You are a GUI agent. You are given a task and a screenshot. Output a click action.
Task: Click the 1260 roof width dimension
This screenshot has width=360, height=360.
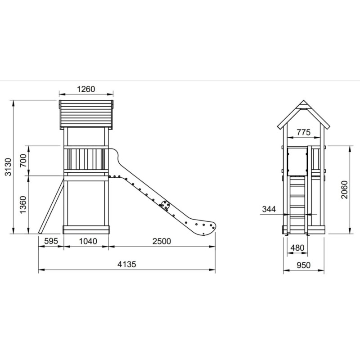click(86, 89)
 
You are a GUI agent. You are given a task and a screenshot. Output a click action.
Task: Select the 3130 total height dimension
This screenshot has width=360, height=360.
click(8, 166)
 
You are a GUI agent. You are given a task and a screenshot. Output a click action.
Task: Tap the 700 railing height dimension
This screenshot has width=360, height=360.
click(23, 161)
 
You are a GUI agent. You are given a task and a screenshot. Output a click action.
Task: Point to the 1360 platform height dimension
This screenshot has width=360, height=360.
click(23, 205)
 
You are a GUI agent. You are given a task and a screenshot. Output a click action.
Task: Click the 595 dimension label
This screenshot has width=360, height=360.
click(51, 241)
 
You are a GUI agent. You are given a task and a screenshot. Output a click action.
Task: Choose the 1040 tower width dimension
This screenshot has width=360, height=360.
click(88, 241)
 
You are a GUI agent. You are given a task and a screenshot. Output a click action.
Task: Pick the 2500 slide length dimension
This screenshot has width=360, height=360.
click(162, 241)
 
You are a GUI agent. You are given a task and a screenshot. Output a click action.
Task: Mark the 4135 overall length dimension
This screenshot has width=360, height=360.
click(127, 264)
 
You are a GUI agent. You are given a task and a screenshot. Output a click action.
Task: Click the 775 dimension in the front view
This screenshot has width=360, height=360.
click(303, 132)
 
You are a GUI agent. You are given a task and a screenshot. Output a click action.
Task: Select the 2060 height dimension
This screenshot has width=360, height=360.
click(344, 189)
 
